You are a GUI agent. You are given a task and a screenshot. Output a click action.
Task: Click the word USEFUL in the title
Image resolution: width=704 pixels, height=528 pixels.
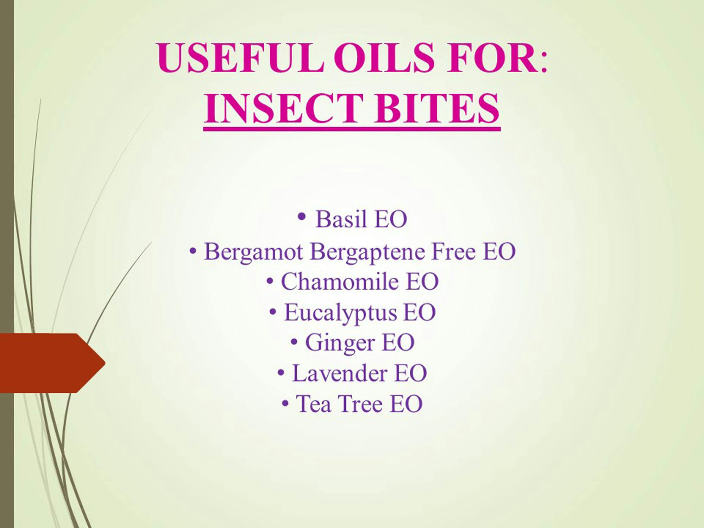(240, 57)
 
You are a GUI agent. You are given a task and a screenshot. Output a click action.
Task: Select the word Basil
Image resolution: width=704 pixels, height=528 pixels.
(341, 219)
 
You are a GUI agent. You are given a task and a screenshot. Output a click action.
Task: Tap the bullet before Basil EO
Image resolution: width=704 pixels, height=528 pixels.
(301, 216)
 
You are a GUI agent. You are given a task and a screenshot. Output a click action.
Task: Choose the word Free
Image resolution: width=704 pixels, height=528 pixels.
(453, 251)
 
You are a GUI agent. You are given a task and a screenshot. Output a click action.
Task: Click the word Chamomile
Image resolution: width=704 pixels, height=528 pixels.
(340, 282)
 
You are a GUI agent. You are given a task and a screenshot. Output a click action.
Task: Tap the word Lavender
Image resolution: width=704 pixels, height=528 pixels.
(340, 373)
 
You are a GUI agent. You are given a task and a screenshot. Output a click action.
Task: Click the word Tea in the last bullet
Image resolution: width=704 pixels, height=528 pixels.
(314, 404)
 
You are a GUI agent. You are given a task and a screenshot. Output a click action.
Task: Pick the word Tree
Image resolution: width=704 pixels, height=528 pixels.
(360, 404)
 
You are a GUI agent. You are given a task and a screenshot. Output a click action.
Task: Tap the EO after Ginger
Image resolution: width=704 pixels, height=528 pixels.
(398, 342)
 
